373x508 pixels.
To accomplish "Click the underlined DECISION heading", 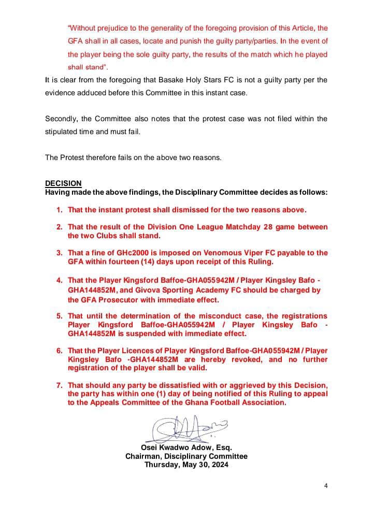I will coord(63,183).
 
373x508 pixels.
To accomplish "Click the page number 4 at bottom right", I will coord(326,486).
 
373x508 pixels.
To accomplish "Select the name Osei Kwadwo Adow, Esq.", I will coord(186,447).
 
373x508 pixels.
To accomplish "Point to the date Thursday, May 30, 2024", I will coord(186,465).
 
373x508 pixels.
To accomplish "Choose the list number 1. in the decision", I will coord(60,210).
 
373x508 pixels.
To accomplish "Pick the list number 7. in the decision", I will coord(60,385).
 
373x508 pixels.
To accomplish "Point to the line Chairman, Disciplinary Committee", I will coord(186,456).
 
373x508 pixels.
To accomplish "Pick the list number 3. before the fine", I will coord(60,253).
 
